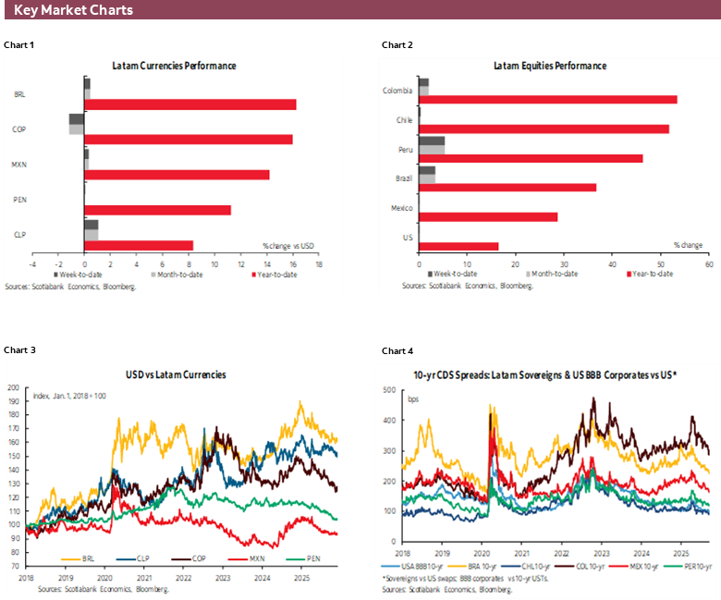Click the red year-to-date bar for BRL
point(189,104)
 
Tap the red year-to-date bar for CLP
point(139,246)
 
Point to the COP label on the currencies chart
point(19,129)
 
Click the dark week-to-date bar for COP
point(77,119)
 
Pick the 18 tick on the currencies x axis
point(318,264)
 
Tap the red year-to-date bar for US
point(458,246)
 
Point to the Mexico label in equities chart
point(398,209)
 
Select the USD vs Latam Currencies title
point(176,374)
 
